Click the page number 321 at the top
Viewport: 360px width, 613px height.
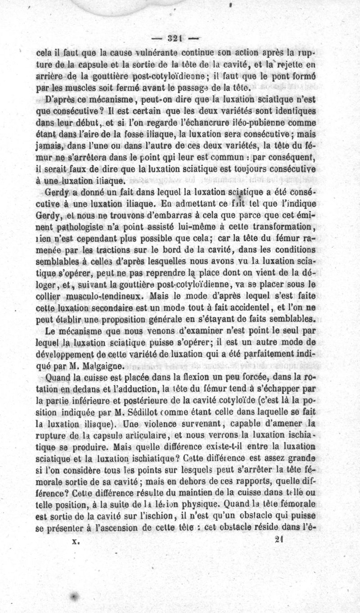tap(176, 38)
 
